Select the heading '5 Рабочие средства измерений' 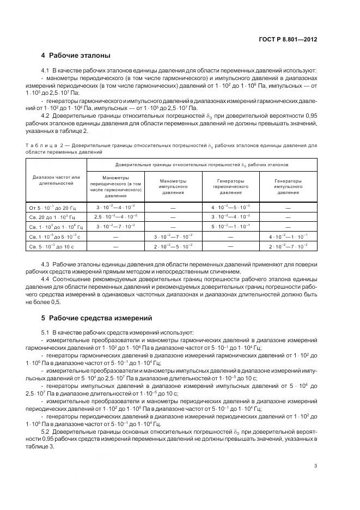pyautogui.click(x=97, y=318)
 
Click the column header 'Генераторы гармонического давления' pyautogui.click(x=230, y=186)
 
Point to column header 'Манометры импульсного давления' pyautogui.click(x=173, y=186)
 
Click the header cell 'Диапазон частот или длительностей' pyautogui.click(x=56, y=180)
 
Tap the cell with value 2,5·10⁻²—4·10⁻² pyautogui.click(x=115, y=217)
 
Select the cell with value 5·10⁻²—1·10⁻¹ pyautogui.click(x=230, y=227)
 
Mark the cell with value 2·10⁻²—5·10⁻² pyautogui.click(x=173, y=247)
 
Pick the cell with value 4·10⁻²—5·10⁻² pyautogui.click(x=230, y=208)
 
